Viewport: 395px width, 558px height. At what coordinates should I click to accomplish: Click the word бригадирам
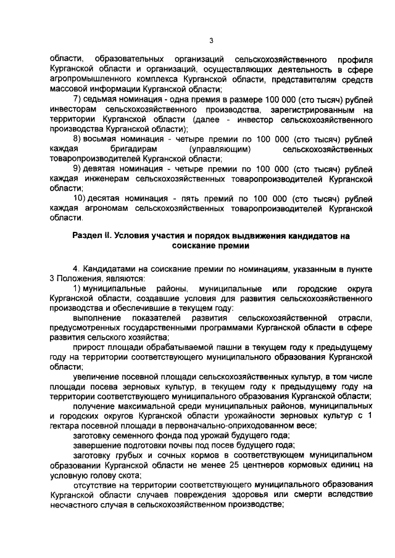point(132,149)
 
